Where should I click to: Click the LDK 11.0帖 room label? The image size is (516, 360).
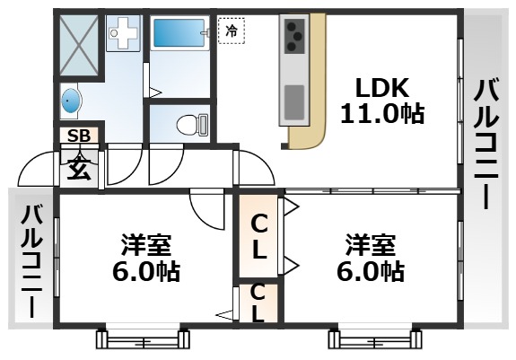(x=381, y=101)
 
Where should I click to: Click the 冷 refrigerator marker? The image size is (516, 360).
(x=232, y=31)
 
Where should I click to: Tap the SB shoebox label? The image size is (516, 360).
(x=79, y=136)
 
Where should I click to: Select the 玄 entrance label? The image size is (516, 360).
(x=79, y=166)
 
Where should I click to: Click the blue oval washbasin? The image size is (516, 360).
(x=73, y=99)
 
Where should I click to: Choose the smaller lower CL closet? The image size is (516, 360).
(x=258, y=303)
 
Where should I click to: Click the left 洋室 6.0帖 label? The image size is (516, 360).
(x=147, y=258)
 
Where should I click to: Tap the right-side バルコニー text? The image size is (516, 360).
(x=486, y=144)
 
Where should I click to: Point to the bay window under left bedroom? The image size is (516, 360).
(x=144, y=339)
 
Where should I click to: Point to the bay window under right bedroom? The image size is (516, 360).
(x=374, y=339)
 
